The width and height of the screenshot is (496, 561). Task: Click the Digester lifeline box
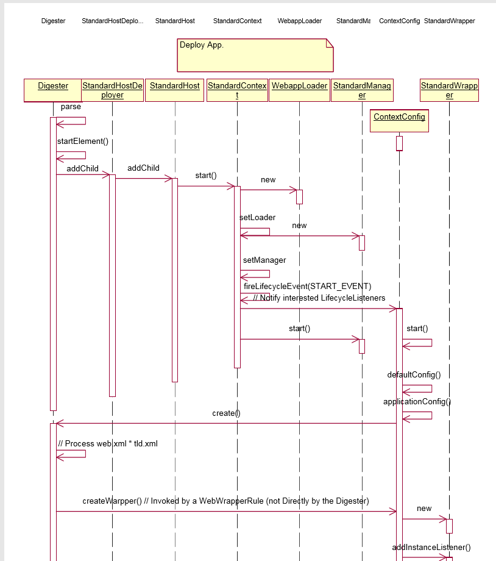click(x=53, y=90)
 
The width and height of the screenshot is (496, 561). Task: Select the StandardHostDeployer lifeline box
click(x=112, y=90)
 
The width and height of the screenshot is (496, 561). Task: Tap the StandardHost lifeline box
click(x=175, y=90)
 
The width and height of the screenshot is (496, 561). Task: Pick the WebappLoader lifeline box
click(x=299, y=90)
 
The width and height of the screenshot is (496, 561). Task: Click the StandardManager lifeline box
click(x=362, y=90)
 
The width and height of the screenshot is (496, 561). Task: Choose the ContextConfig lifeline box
click(x=399, y=121)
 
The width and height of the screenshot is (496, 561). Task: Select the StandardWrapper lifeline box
click(x=449, y=90)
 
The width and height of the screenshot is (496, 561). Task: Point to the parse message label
click(x=71, y=107)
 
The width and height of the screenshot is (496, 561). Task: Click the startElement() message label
click(x=83, y=141)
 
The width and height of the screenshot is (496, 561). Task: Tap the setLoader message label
click(x=257, y=218)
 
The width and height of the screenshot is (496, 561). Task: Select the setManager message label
click(x=264, y=260)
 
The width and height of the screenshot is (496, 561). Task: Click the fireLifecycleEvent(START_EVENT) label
click(x=307, y=286)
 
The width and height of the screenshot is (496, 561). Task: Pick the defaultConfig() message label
click(x=414, y=374)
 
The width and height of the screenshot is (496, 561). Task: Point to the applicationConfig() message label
click(x=417, y=402)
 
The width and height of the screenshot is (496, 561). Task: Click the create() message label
click(x=226, y=413)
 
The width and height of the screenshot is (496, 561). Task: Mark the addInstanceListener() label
click(x=431, y=548)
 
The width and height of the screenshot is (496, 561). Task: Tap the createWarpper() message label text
click(x=225, y=501)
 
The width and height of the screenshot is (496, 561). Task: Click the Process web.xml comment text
click(x=108, y=444)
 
